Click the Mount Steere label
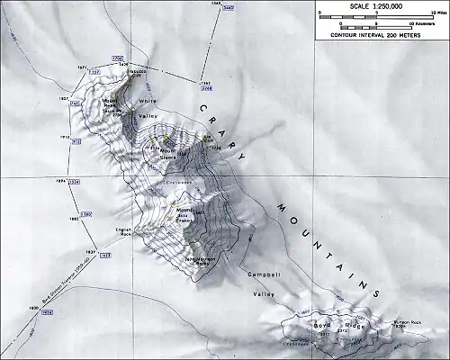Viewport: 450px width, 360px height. pos(168,154)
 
